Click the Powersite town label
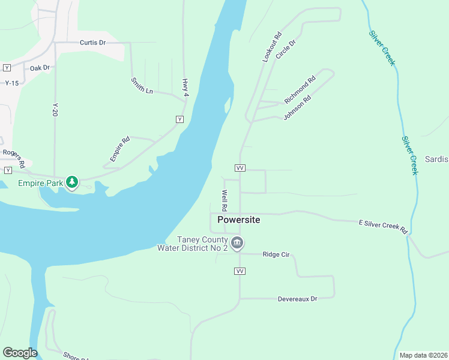[x=239, y=220]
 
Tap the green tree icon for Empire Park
[x=72, y=182]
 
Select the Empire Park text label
[x=41, y=182]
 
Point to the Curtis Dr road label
[x=92, y=43]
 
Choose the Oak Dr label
[x=40, y=68]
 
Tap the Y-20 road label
[x=55, y=109]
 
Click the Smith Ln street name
[x=142, y=85]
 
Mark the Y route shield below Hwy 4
[x=179, y=119]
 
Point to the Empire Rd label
[x=120, y=149]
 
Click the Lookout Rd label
[x=272, y=47]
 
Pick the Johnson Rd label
[x=297, y=107]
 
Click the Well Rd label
[x=224, y=200]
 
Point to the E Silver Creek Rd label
[x=383, y=226]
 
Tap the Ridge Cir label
[x=276, y=254]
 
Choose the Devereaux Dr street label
[x=297, y=298]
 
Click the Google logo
[x=20, y=353]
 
